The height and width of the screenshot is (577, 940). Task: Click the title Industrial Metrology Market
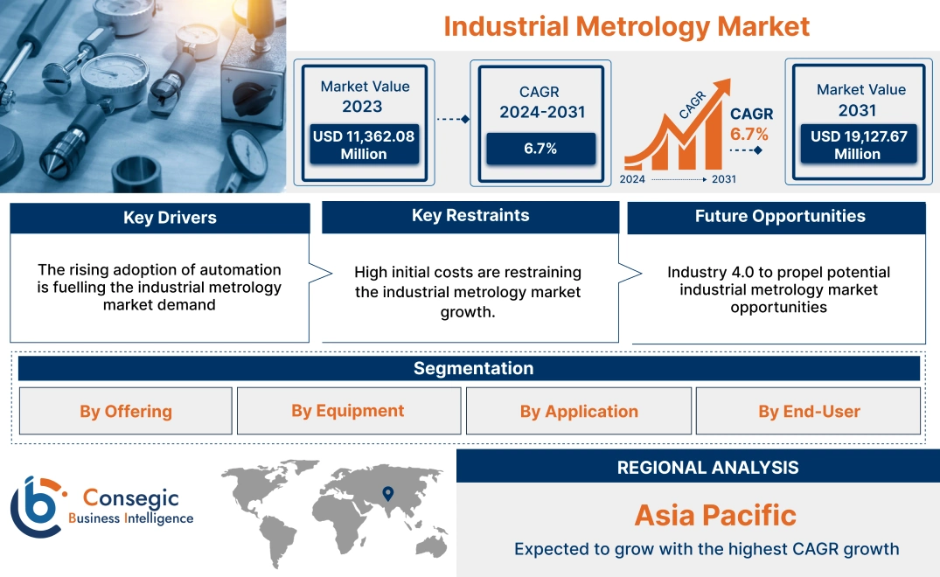coord(626,26)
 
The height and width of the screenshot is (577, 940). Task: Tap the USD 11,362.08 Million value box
coord(363,145)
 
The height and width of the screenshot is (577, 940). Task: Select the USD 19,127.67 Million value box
coord(857,145)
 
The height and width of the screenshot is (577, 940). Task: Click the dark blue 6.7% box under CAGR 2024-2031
coord(540,149)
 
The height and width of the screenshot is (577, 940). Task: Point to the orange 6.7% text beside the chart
coord(749,134)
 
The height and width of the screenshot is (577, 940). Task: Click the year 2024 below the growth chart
coord(633,179)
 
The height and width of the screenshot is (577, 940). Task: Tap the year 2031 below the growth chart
coord(723,179)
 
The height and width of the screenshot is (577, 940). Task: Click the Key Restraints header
coord(470,216)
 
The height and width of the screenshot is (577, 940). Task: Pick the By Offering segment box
coord(126,412)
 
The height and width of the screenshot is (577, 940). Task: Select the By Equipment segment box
coord(348,411)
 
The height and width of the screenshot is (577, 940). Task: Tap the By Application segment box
coord(579,412)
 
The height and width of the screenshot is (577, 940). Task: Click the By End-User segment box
coord(809,412)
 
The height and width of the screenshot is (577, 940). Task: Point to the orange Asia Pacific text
coord(715,515)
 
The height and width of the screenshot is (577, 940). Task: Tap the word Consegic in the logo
coord(131,498)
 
